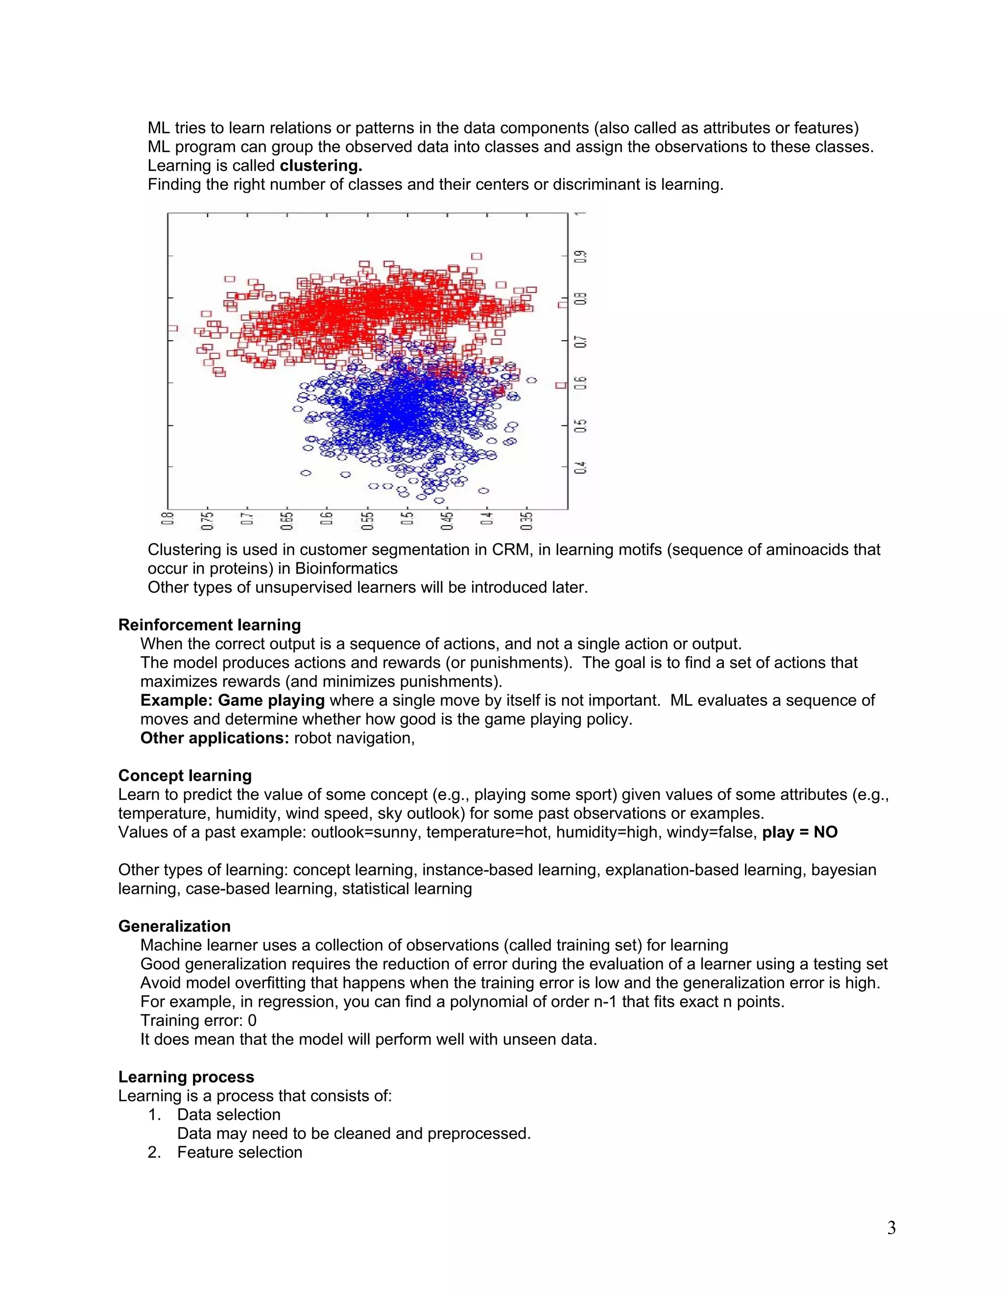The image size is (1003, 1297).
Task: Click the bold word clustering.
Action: tap(321, 166)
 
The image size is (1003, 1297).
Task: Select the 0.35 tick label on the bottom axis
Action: tap(526, 520)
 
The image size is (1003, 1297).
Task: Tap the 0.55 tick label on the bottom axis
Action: tap(367, 520)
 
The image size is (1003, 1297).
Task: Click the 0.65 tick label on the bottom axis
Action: tap(287, 520)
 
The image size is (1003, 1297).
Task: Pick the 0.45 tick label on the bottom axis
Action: tap(447, 520)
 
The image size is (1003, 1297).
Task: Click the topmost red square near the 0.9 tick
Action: tap(477, 256)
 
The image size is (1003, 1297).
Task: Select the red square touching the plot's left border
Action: tap(172, 328)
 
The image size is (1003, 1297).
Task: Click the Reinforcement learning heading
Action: tap(209, 625)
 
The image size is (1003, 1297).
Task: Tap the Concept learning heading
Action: tap(185, 776)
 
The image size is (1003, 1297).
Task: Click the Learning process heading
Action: tap(186, 1077)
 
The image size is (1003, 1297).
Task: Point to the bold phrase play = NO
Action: tap(800, 832)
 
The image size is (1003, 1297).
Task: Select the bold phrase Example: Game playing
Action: tap(232, 700)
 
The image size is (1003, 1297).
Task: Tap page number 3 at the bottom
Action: tap(891, 1228)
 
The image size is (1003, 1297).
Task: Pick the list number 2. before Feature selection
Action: tap(154, 1152)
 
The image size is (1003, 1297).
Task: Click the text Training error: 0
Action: tap(198, 1020)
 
